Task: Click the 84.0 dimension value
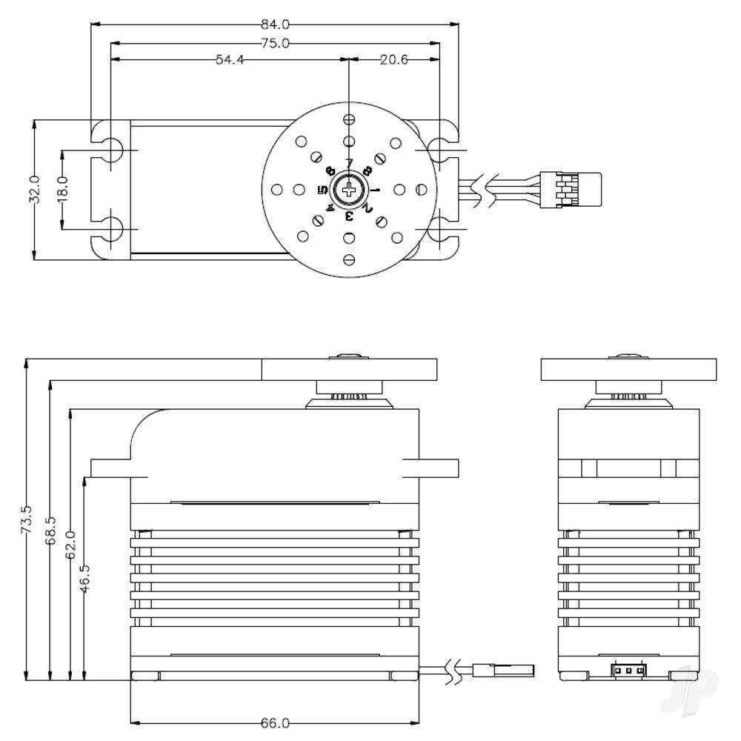point(274,24)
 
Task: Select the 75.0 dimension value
point(274,43)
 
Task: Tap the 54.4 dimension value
point(230,60)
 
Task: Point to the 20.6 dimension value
point(393,60)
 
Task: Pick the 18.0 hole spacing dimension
point(62,190)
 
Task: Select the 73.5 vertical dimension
point(26,521)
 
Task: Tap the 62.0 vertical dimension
point(70,545)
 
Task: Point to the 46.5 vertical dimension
point(85,578)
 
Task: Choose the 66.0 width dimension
point(274,722)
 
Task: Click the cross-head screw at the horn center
point(348,190)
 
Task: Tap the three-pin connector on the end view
point(628,671)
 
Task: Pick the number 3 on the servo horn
point(348,216)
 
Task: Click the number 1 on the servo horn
point(375,190)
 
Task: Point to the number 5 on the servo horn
point(322,190)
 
